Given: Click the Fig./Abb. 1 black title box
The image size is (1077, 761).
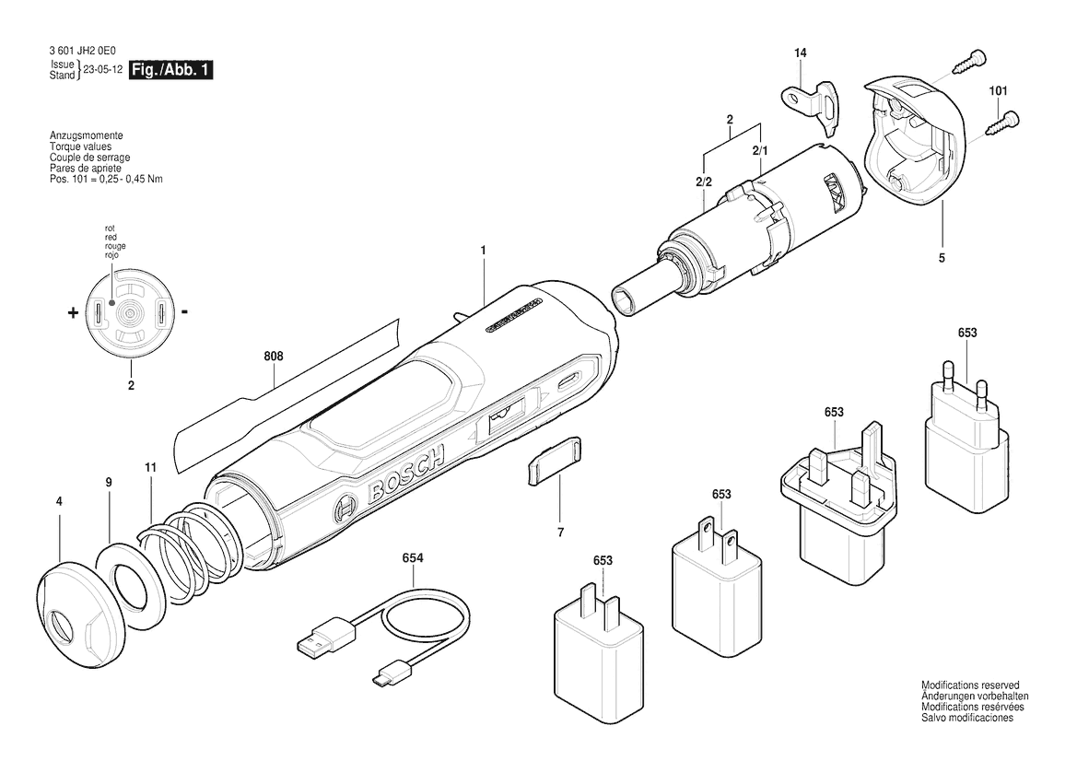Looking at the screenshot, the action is pyautogui.click(x=170, y=69).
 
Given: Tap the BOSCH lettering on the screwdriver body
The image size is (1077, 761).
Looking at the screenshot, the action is pyautogui.click(x=406, y=474).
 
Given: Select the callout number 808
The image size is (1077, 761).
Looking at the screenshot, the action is pyautogui.click(x=274, y=357).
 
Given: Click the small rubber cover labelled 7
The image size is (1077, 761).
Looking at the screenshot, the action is pyautogui.click(x=555, y=461).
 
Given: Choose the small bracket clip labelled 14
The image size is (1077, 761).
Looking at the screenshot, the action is pyautogui.click(x=811, y=102).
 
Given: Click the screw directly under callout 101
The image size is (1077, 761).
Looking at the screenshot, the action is pyautogui.click(x=1003, y=123).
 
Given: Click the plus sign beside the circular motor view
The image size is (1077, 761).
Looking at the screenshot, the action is pyautogui.click(x=73, y=314).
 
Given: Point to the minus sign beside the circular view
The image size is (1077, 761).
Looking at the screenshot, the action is pyautogui.click(x=185, y=312).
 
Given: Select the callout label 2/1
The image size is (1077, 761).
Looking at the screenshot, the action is pyautogui.click(x=760, y=150).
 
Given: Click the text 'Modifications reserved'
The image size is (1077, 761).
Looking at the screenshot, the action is pyautogui.click(x=970, y=685).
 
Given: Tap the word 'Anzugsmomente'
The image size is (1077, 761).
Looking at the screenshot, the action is pyautogui.click(x=86, y=136).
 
